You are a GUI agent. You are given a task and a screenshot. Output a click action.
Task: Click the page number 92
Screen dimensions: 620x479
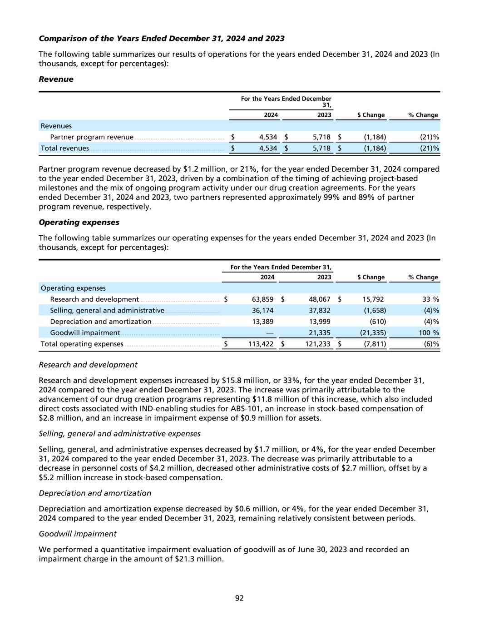pos(239,598)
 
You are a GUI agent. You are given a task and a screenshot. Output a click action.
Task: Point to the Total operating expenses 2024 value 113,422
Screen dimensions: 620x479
pos(260,344)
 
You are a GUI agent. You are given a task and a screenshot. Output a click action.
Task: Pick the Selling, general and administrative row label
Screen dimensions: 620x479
pos(107,311)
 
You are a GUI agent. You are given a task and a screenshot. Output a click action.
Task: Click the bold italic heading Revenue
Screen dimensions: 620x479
pos(56,79)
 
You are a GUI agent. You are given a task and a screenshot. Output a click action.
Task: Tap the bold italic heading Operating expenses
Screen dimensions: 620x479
pos(79,222)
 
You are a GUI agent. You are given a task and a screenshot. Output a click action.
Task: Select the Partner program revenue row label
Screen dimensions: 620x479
pos(92,137)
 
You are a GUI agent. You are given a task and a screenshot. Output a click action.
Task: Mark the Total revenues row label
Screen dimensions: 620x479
pos(65,148)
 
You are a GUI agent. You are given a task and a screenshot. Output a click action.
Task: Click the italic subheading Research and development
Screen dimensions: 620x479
pos(88,365)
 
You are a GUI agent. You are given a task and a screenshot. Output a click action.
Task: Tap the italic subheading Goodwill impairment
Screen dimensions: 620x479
pos(78,534)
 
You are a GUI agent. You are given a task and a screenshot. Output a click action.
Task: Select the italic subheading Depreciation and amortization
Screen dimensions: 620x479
pos(95,493)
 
